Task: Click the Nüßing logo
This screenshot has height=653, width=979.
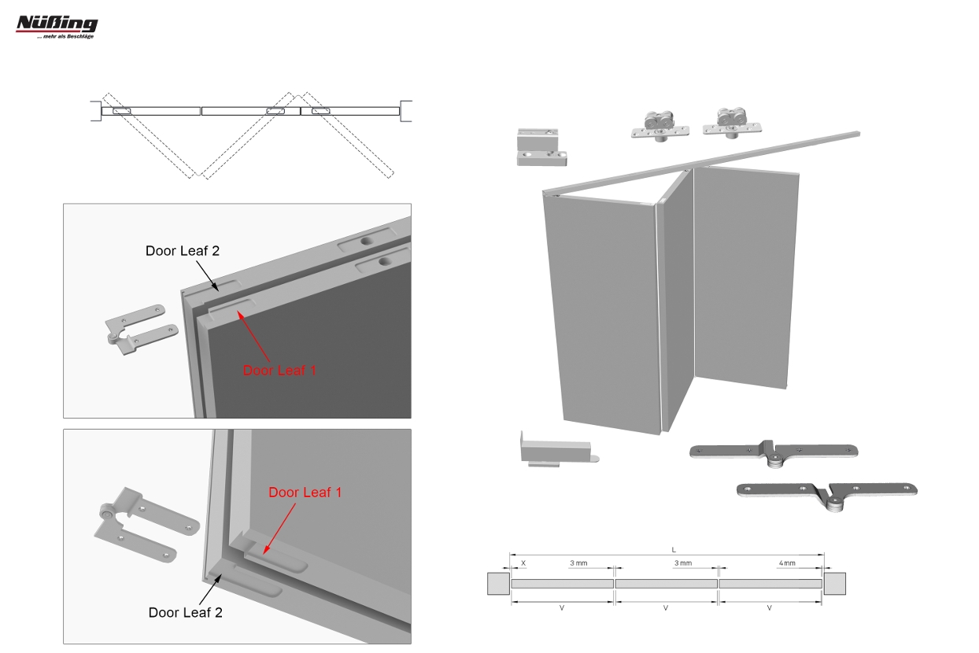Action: [x=57, y=27]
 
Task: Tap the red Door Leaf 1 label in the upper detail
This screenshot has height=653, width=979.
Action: [x=279, y=371]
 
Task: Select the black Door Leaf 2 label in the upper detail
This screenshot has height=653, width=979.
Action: [x=183, y=251]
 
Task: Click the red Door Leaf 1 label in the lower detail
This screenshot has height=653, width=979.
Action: [x=305, y=493]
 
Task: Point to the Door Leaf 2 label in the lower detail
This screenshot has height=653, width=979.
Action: [x=185, y=612]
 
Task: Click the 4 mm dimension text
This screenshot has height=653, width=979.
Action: [x=787, y=563]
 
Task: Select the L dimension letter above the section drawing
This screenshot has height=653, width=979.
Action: [x=674, y=550]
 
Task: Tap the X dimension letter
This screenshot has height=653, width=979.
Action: [x=523, y=563]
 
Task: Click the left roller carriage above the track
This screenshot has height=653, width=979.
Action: [x=660, y=126]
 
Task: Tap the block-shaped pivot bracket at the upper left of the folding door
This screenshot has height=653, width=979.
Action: [x=541, y=147]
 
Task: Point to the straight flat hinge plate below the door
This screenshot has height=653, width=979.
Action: [x=774, y=453]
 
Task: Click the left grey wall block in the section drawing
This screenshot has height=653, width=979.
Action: [x=498, y=583]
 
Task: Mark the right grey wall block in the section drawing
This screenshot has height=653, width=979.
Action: [x=835, y=583]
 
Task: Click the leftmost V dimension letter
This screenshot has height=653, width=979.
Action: [x=562, y=607]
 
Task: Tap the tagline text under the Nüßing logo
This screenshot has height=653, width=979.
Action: [x=65, y=37]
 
